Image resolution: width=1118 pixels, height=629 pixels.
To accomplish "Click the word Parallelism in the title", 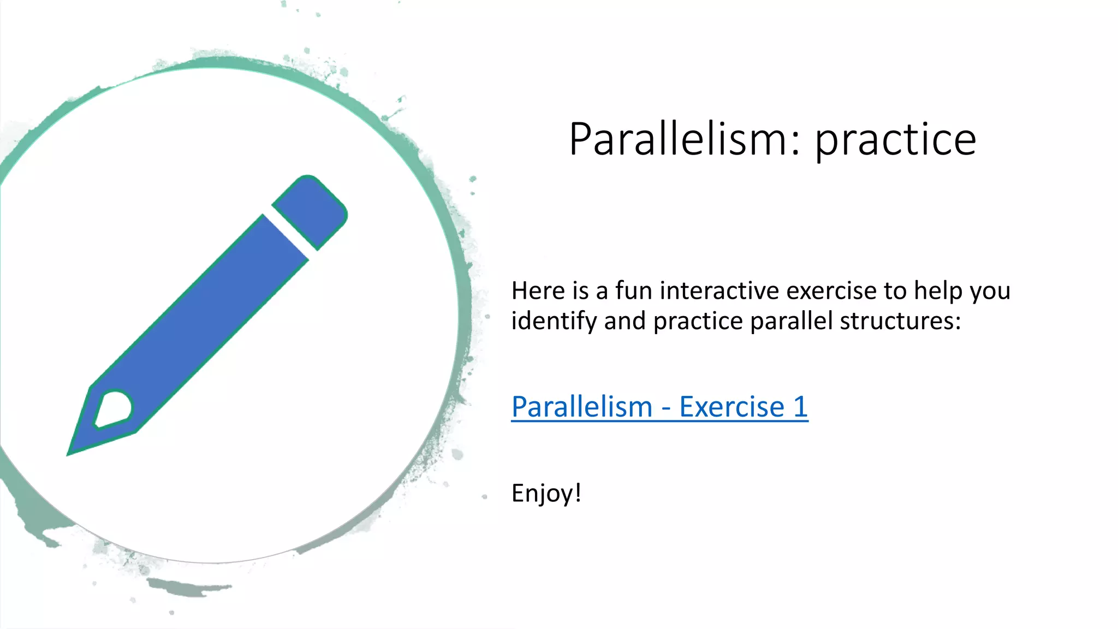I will click(677, 140).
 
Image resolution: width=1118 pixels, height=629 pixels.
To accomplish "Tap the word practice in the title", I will click(895, 141).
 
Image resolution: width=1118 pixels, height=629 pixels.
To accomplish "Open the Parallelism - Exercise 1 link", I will click(659, 407).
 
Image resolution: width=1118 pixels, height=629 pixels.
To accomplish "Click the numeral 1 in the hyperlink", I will click(800, 407).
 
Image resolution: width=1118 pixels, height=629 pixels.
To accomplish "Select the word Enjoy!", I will click(546, 493).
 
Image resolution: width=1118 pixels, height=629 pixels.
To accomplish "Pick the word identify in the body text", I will click(554, 321).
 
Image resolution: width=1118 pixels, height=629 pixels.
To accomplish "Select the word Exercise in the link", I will click(732, 407).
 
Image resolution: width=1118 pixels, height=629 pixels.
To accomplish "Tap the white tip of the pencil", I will click(114, 408).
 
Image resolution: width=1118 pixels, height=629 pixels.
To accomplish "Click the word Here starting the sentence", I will click(538, 290).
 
